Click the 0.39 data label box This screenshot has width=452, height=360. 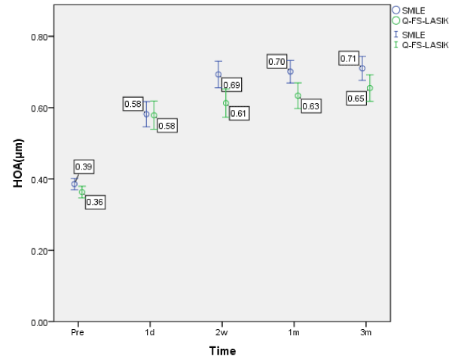pyautogui.click(x=84, y=166)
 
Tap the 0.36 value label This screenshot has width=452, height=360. pyautogui.click(x=94, y=202)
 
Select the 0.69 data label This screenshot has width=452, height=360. pyautogui.click(x=232, y=86)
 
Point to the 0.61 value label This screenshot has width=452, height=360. pyautogui.click(x=239, y=113)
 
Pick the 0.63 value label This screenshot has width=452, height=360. pyautogui.click(x=310, y=106)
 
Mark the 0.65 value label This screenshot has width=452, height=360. pyautogui.click(x=356, y=98)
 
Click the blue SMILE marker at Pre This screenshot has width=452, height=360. pyautogui.click(x=75, y=184)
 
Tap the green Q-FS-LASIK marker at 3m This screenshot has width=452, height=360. pyautogui.click(x=370, y=88)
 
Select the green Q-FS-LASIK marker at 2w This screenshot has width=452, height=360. pyautogui.click(x=226, y=103)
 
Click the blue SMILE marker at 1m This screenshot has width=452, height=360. pyautogui.click(x=290, y=72)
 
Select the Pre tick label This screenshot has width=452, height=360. pyautogui.click(x=75, y=331)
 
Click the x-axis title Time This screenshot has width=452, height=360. pyautogui.click(x=222, y=351)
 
